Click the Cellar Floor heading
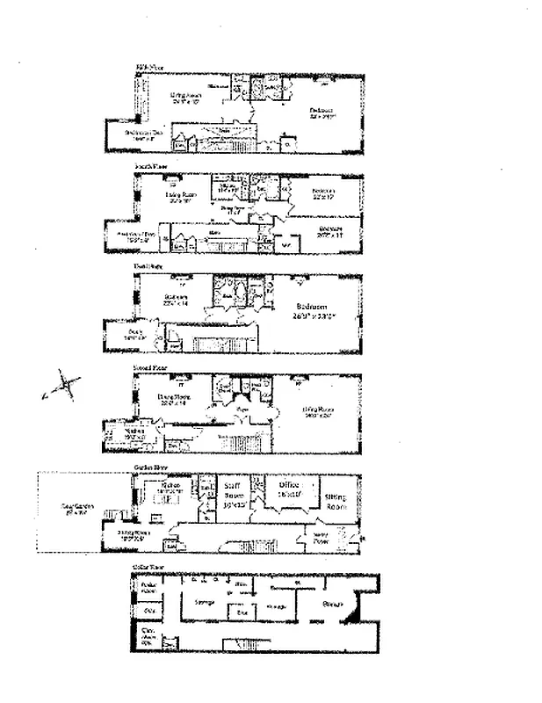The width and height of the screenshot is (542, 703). point(149,569)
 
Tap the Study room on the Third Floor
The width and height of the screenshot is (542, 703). point(134,334)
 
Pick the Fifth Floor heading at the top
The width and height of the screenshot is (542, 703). point(150,66)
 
